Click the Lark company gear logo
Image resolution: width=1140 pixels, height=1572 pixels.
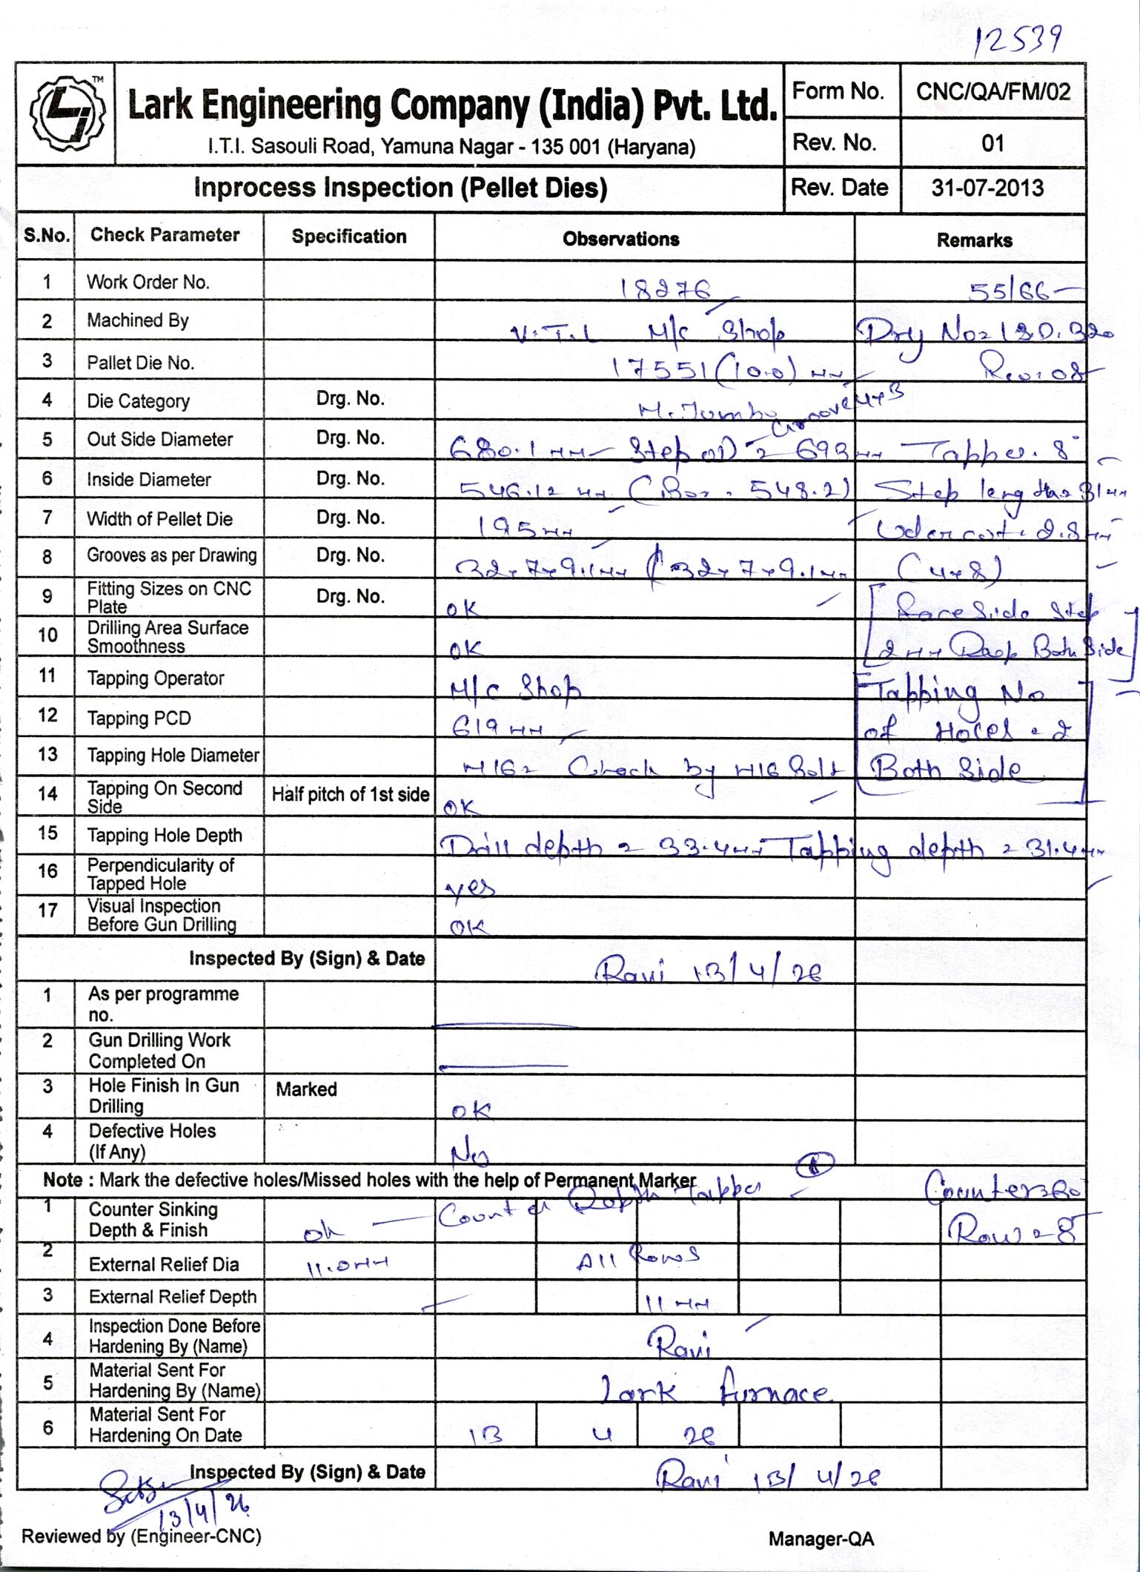pos(67,113)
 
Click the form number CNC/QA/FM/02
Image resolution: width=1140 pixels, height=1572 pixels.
pos(992,92)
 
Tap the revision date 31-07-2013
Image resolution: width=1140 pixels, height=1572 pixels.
pos(987,188)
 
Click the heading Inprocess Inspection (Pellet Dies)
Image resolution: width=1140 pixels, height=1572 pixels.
pos(400,188)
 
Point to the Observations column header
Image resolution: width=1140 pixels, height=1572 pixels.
pos(620,239)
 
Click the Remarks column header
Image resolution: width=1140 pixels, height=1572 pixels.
pos(974,240)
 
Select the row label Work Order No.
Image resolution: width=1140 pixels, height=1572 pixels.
pos(148,282)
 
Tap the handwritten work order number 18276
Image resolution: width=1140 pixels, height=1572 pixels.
pos(666,289)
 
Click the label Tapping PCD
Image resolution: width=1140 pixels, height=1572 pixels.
pos(139,718)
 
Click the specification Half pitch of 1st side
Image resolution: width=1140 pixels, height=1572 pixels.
pos(350,795)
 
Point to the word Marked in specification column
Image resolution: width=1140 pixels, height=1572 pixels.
pos(306,1089)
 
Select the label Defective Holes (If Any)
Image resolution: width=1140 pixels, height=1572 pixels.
pos(152,1140)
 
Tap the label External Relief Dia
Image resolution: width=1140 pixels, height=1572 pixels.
pos(164,1264)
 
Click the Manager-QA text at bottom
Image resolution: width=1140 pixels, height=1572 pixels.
pos(821,1539)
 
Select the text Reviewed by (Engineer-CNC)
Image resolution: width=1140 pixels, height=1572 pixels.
pos(141,1536)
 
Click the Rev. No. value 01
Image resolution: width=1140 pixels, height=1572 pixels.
pos(992,143)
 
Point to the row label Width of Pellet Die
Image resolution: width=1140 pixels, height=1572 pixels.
pos(159,518)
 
